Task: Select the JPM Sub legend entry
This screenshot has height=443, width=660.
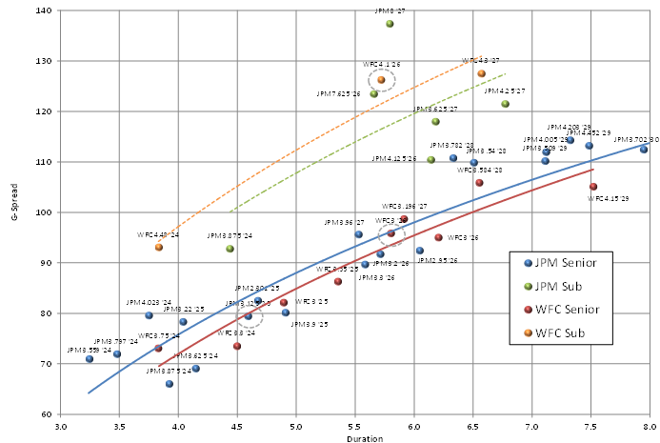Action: (x=563, y=285)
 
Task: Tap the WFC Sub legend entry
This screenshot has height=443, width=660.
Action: (x=563, y=332)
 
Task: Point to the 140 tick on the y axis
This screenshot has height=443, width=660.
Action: (x=44, y=10)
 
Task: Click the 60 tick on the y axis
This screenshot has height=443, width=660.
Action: (x=47, y=414)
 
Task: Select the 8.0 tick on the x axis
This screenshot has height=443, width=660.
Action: (x=650, y=425)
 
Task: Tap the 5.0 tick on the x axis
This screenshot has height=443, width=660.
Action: (x=296, y=425)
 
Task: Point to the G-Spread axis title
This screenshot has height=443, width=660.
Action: (x=13, y=211)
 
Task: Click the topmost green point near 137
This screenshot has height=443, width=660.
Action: (x=390, y=24)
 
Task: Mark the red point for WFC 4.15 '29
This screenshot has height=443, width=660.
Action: (x=593, y=187)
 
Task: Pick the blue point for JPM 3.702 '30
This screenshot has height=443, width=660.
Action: (x=644, y=150)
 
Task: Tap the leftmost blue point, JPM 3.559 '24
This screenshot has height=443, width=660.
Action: (x=90, y=359)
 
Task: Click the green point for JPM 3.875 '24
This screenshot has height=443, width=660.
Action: (x=230, y=249)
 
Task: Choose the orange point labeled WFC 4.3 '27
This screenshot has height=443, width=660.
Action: (x=481, y=73)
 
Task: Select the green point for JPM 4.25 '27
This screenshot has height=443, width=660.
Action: (x=505, y=104)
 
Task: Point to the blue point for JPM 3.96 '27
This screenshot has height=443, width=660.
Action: (x=358, y=234)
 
